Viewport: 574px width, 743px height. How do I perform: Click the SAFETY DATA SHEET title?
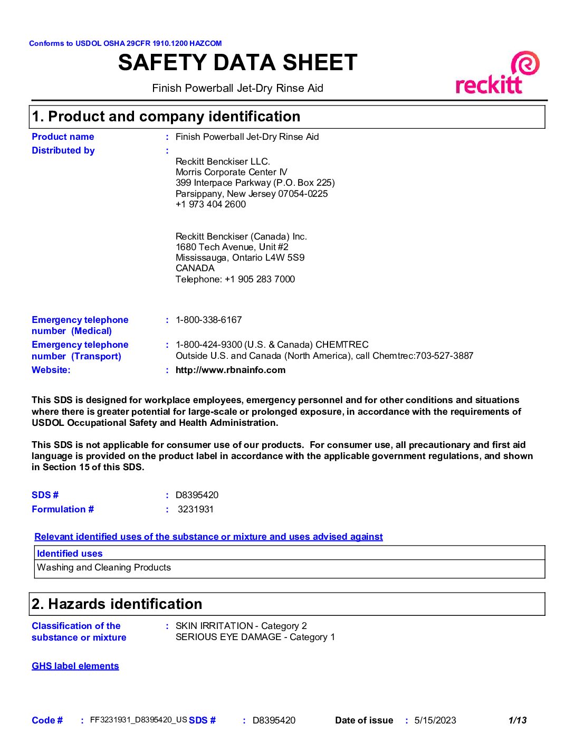[x=237, y=63]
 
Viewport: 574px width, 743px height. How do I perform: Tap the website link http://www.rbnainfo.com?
[x=231, y=370]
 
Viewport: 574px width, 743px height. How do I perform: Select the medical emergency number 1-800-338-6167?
[x=208, y=320]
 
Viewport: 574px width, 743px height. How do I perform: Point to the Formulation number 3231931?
[x=196, y=509]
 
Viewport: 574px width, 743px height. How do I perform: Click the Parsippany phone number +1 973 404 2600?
[x=211, y=204]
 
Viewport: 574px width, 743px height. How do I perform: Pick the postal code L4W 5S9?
[x=289, y=258]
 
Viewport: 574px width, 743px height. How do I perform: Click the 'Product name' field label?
[x=63, y=137]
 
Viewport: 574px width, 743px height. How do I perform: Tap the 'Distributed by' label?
[x=63, y=150]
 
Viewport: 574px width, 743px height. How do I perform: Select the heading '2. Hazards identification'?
[x=117, y=604]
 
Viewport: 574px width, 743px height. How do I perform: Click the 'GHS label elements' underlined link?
[x=75, y=666]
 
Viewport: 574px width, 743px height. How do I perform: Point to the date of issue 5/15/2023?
[x=435, y=720]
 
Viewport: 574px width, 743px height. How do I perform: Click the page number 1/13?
[x=517, y=720]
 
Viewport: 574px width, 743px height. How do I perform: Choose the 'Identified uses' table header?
[x=70, y=554]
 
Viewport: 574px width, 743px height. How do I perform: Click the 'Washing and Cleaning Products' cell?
[x=104, y=567]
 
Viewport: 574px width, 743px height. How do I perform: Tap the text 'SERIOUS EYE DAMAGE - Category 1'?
[x=255, y=637]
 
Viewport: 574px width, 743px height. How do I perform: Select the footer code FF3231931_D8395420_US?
[x=139, y=720]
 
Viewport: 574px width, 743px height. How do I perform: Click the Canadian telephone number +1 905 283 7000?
[x=260, y=279]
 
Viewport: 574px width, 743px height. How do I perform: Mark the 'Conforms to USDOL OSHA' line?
[x=125, y=43]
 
